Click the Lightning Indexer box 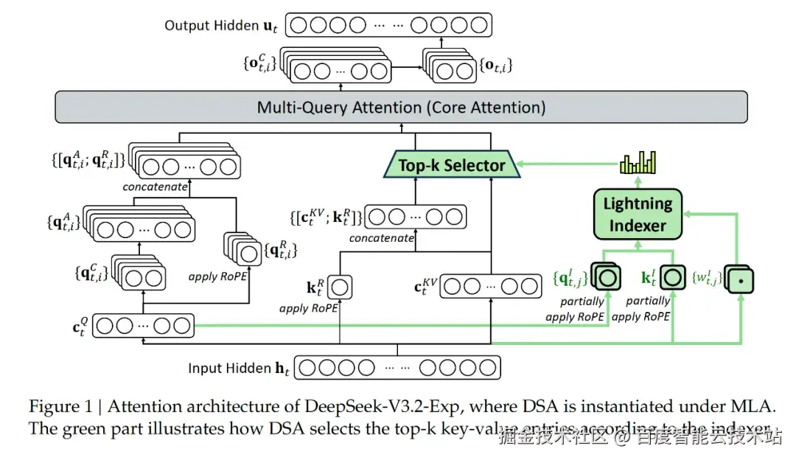click(x=638, y=214)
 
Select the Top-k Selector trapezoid click(x=452, y=165)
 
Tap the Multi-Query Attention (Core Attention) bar click(x=401, y=108)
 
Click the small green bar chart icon click(x=638, y=162)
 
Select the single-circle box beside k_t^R click(x=341, y=285)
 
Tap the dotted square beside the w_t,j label click(x=741, y=281)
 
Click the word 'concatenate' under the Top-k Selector click(x=382, y=238)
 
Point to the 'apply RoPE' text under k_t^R click(x=308, y=308)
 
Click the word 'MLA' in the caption click(x=758, y=407)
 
